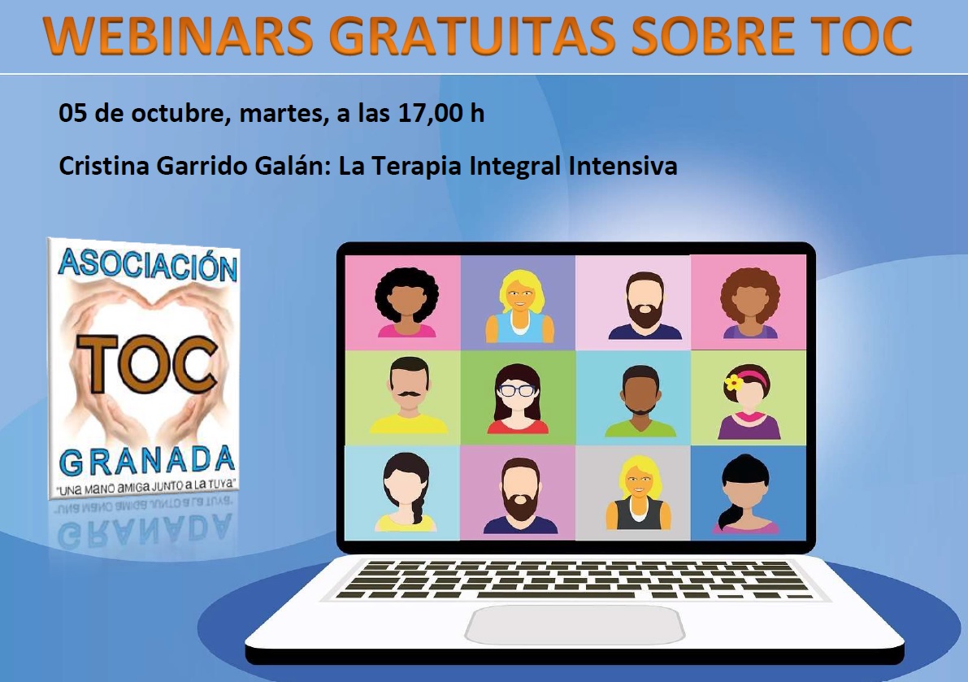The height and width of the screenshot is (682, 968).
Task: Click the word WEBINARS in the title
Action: tap(179, 36)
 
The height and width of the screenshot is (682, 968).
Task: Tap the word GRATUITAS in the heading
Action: tap(476, 36)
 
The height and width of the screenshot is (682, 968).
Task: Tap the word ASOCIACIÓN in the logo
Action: tap(148, 265)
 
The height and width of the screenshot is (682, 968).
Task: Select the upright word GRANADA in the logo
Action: tap(147, 461)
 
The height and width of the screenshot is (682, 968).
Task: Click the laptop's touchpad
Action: tap(575, 624)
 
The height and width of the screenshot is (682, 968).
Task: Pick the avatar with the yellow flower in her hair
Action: tap(749, 402)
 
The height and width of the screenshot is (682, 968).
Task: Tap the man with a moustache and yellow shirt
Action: tap(409, 395)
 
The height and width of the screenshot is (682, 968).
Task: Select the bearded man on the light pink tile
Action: tap(645, 306)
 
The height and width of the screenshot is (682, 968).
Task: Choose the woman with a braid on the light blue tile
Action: tap(406, 492)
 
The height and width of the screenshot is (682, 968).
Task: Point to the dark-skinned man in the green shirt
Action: tap(640, 402)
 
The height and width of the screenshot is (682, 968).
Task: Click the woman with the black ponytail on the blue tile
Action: tap(746, 493)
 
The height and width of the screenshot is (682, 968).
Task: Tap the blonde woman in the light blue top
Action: tap(520, 306)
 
